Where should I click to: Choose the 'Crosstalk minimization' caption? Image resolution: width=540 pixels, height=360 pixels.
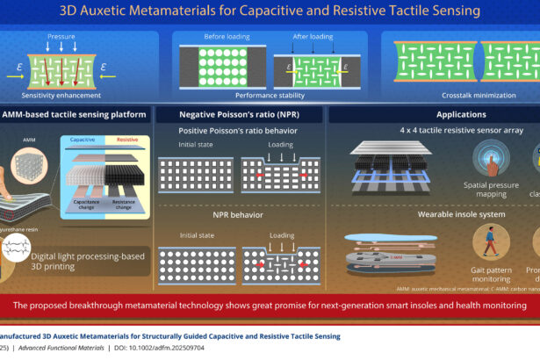click(462, 95)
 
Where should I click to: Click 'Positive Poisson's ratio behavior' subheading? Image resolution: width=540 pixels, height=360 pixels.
click(236, 131)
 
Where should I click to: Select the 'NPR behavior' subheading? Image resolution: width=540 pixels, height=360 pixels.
click(236, 213)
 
